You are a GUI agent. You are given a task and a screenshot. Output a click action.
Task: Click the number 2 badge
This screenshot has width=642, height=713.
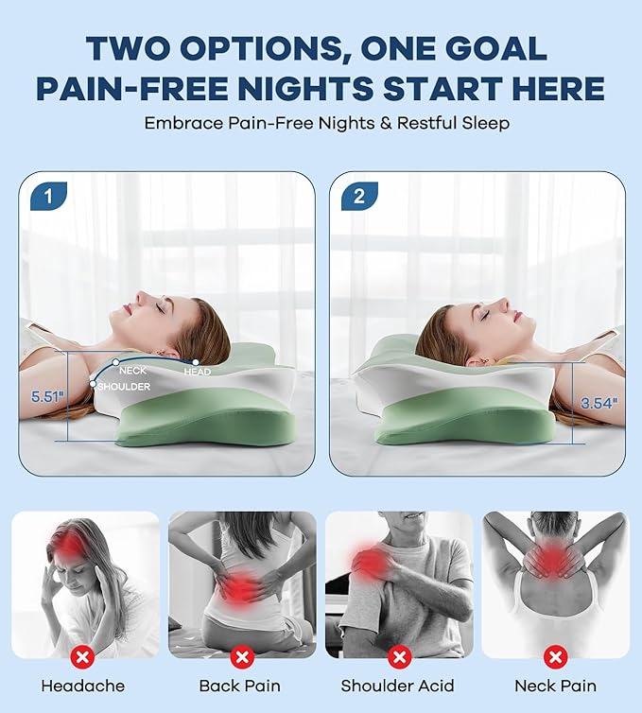tap(358, 196)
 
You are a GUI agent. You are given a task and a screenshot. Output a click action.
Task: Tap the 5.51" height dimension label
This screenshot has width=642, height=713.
tap(46, 397)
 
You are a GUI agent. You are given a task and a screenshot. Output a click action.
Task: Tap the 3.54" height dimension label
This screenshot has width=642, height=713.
tap(599, 403)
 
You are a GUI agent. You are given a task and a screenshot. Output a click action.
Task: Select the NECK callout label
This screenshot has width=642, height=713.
tap(133, 371)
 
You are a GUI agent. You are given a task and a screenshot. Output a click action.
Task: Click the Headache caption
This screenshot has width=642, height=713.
tap(83, 686)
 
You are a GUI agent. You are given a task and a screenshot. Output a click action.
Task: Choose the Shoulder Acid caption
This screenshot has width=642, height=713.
tap(398, 686)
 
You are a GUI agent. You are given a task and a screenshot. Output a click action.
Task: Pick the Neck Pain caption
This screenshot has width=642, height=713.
tap(555, 686)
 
